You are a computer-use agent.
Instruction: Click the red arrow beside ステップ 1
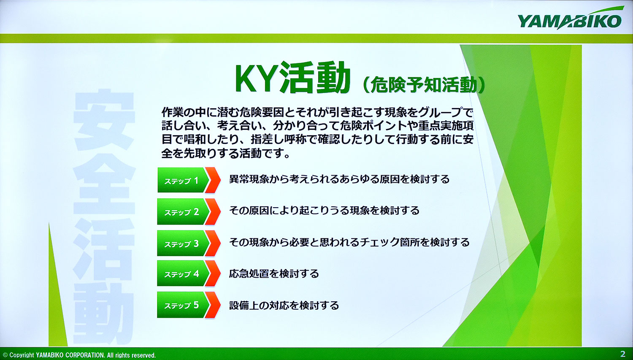(x=213, y=180)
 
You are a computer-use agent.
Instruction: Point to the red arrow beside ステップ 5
(x=213, y=305)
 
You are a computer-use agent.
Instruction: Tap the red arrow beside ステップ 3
(x=213, y=243)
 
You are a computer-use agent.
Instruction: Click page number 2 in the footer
(x=623, y=354)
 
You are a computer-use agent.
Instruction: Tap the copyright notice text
(x=79, y=355)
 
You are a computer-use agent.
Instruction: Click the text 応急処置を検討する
(x=274, y=273)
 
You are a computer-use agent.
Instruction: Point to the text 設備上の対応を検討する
(x=284, y=305)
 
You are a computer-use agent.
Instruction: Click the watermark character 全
(x=104, y=184)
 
